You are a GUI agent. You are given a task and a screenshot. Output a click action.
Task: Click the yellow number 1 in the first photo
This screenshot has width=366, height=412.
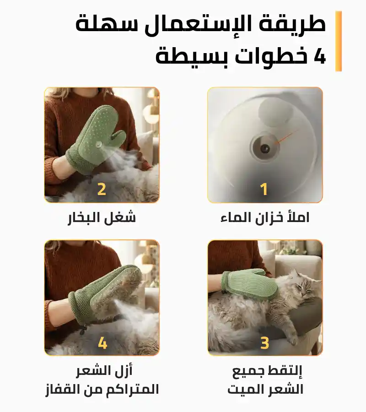coord(264,189)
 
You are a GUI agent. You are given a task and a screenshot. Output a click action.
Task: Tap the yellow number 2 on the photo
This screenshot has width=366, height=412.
coord(102,189)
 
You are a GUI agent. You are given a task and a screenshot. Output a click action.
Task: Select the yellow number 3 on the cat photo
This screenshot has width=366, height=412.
coord(264,343)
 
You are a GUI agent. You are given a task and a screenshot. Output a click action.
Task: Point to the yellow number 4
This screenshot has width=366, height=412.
coord(102,343)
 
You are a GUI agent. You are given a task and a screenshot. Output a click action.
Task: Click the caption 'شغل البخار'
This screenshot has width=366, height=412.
coord(102,218)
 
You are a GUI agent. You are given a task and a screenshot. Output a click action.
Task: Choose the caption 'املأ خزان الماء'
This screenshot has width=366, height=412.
coord(265,217)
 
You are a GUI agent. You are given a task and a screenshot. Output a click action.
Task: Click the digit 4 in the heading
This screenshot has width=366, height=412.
coord(320,56)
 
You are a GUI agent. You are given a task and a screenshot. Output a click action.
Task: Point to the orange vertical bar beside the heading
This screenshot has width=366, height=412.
coord(339,41)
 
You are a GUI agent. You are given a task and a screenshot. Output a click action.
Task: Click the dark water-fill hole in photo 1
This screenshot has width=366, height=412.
coord(264,149)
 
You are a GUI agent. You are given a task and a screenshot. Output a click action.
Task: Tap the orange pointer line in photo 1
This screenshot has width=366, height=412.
coord(287,136)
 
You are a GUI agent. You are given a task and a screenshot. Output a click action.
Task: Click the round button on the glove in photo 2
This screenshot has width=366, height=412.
coord(99,144)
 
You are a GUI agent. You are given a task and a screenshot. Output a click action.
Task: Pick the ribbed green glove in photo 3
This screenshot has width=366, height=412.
coord(249,284)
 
